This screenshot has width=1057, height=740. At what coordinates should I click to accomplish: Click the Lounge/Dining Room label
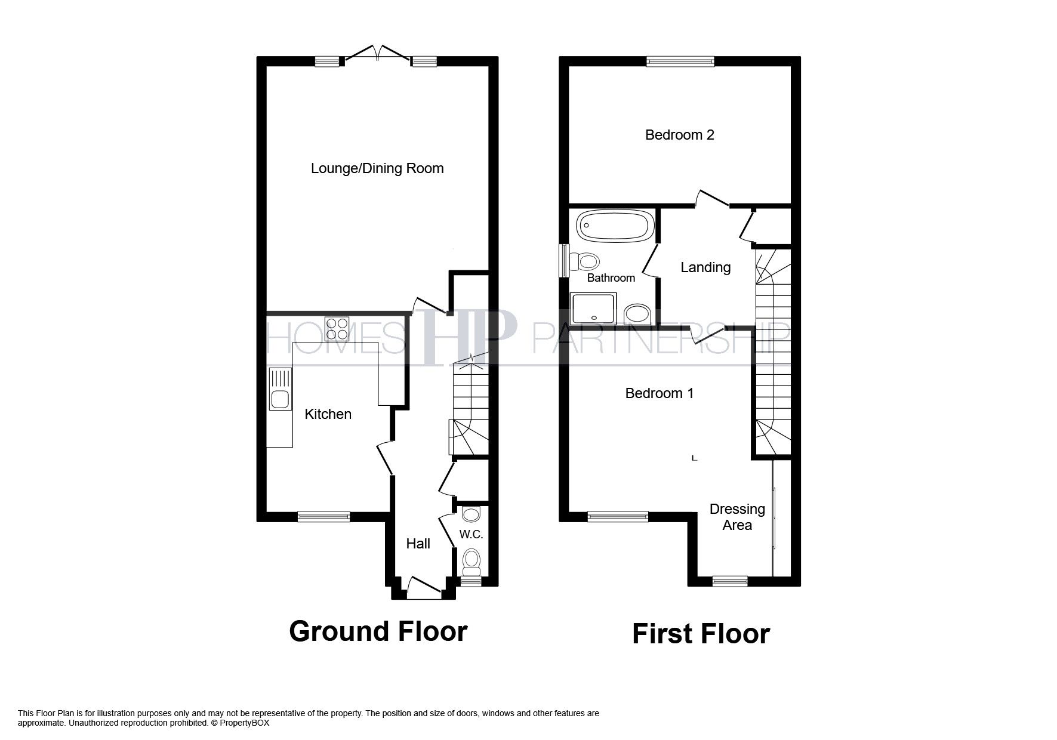[377, 168]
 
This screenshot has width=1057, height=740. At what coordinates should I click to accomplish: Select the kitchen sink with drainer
[280, 389]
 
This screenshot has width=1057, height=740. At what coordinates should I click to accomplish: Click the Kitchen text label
[328, 414]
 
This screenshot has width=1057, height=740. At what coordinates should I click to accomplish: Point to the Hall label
[418, 544]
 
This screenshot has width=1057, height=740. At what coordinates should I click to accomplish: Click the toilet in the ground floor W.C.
[472, 560]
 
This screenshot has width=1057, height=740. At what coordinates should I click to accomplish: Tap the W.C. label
[471, 535]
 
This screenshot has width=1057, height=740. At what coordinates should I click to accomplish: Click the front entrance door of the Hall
[424, 588]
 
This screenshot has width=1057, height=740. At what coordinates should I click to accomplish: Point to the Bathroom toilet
[585, 261]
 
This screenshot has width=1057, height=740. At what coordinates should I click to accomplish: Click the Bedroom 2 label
[679, 135]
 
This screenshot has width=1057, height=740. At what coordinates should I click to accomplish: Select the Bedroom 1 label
[659, 393]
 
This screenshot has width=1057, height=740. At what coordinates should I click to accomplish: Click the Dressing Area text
[737, 517]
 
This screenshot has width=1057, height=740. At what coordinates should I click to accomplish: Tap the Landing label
[705, 267]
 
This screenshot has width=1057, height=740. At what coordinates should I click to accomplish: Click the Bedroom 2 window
[680, 60]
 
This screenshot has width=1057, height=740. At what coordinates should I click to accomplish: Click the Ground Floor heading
[378, 631]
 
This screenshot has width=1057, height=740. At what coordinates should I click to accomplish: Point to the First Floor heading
[701, 634]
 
